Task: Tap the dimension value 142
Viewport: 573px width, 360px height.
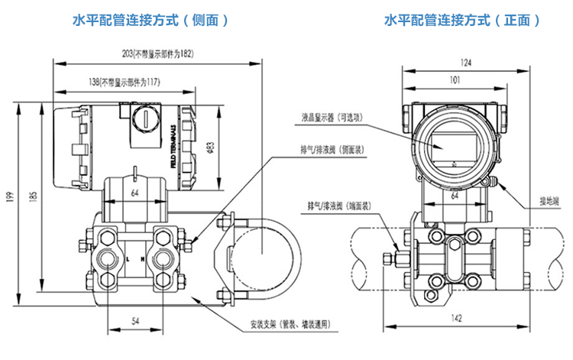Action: (455, 318)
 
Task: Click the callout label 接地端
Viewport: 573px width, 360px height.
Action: (549, 202)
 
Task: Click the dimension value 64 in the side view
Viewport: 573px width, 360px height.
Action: (134, 191)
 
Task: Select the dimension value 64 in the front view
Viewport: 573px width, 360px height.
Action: (454, 196)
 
